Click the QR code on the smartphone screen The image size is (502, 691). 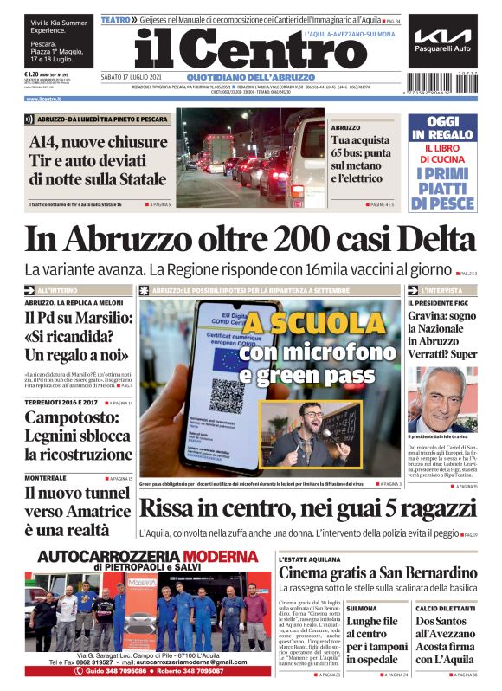click(x=227, y=394)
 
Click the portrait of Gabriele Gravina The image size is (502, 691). click(x=442, y=398)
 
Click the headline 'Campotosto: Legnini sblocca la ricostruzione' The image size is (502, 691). click(x=78, y=435)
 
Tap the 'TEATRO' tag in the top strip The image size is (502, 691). click(x=117, y=19)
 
